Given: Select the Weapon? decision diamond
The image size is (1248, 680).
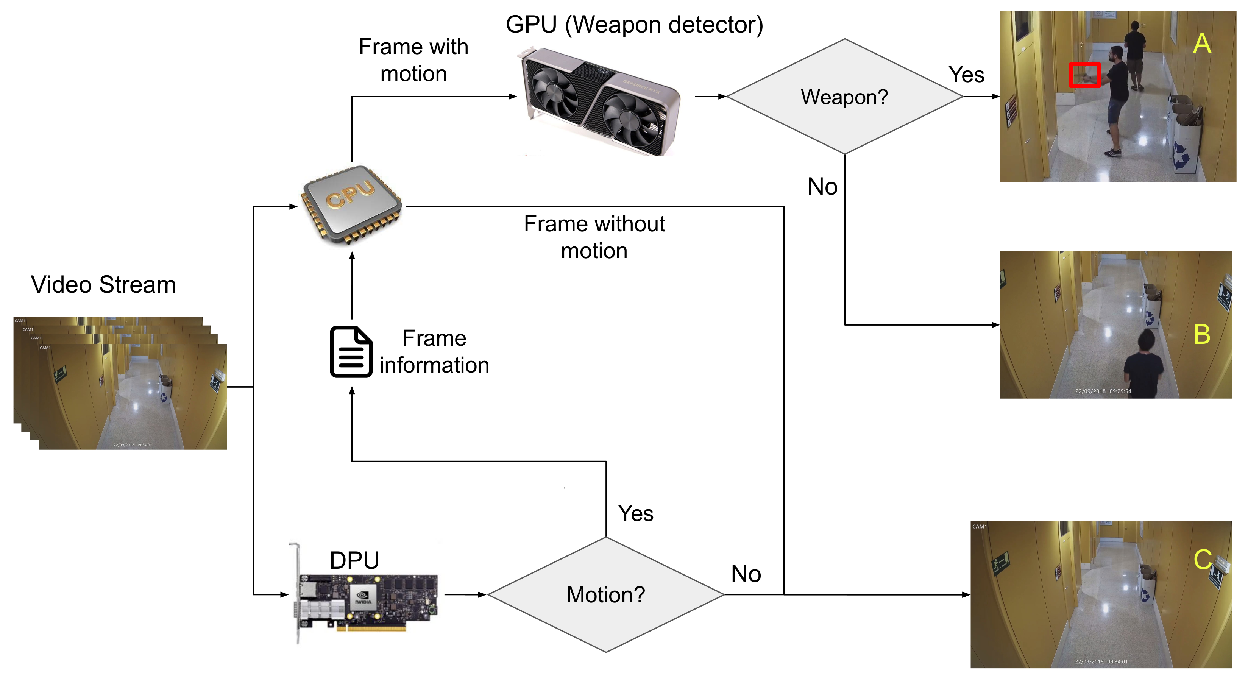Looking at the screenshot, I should (x=844, y=97).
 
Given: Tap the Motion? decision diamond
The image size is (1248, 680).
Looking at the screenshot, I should (x=605, y=594).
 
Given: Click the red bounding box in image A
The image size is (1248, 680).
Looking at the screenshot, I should (x=1084, y=75).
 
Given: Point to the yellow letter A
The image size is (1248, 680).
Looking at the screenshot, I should (x=1202, y=44).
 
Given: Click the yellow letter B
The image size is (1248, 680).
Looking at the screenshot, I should (x=1202, y=334).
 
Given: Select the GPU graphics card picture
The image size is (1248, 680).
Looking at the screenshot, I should (x=601, y=102).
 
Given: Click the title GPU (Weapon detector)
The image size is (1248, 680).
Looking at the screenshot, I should (x=634, y=24).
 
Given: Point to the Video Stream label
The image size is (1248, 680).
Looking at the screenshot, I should (x=103, y=284).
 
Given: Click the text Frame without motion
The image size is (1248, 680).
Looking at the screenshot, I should (x=594, y=237).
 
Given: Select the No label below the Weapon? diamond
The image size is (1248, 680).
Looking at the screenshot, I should (x=822, y=186).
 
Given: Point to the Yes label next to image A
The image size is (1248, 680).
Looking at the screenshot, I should (x=966, y=75).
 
